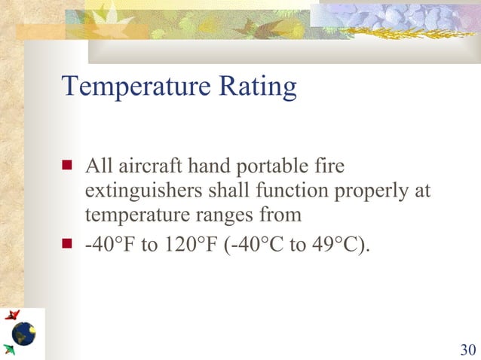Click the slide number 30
point(467,349)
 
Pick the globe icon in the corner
point(23,332)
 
